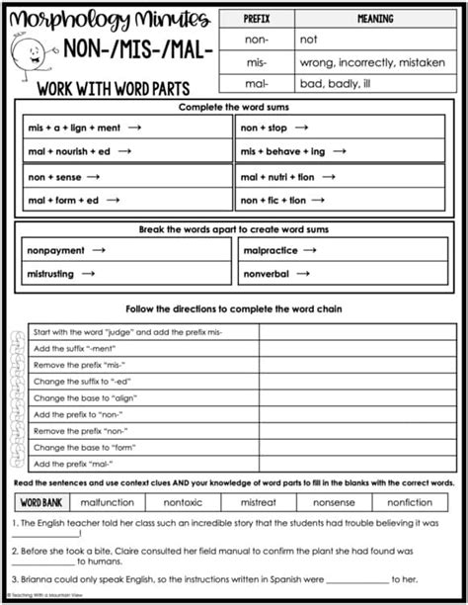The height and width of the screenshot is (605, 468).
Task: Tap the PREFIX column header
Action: [x=257, y=18]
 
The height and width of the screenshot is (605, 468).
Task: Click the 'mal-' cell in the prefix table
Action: [x=257, y=83]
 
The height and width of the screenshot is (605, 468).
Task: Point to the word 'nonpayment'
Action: [x=55, y=251]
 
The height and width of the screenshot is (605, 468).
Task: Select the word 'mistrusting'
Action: [x=55, y=274]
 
